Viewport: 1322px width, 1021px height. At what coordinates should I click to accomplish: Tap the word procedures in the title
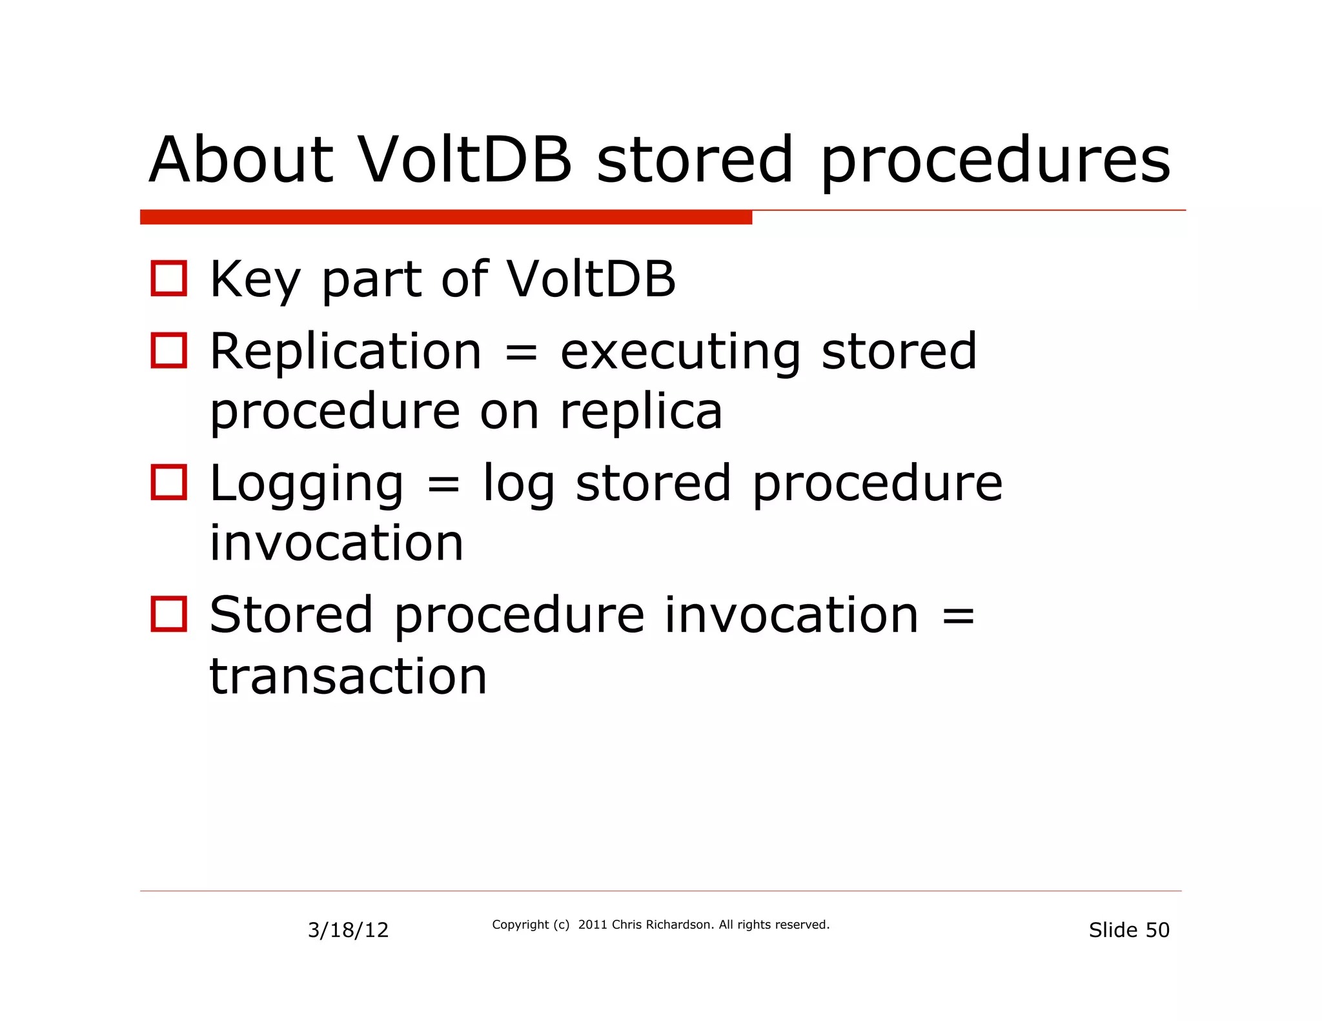[x=995, y=161]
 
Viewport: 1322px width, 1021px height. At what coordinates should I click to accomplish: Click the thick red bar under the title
[x=445, y=217]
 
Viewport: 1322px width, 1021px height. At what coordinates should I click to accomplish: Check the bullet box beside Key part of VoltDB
[x=169, y=278]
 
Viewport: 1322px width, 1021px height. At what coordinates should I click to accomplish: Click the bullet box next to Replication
[x=169, y=350]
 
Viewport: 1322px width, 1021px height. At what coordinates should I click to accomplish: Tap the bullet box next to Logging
[x=169, y=482]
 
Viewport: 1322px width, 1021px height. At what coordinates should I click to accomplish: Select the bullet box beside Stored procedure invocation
[x=169, y=614]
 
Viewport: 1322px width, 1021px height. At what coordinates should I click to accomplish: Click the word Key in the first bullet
[x=256, y=279]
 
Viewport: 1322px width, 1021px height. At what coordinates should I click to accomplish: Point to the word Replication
[x=346, y=351]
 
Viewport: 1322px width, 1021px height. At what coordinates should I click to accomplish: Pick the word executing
[x=680, y=352]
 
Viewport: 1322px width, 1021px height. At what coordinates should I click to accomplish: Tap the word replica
[x=640, y=412]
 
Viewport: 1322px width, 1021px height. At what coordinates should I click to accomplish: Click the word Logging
[x=307, y=484]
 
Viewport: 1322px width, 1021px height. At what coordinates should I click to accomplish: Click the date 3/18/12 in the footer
[x=348, y=930]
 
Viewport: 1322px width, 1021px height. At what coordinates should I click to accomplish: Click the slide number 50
[x=1157, y=930]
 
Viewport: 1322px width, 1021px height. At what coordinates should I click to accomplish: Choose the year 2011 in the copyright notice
[x=592, y=924]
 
